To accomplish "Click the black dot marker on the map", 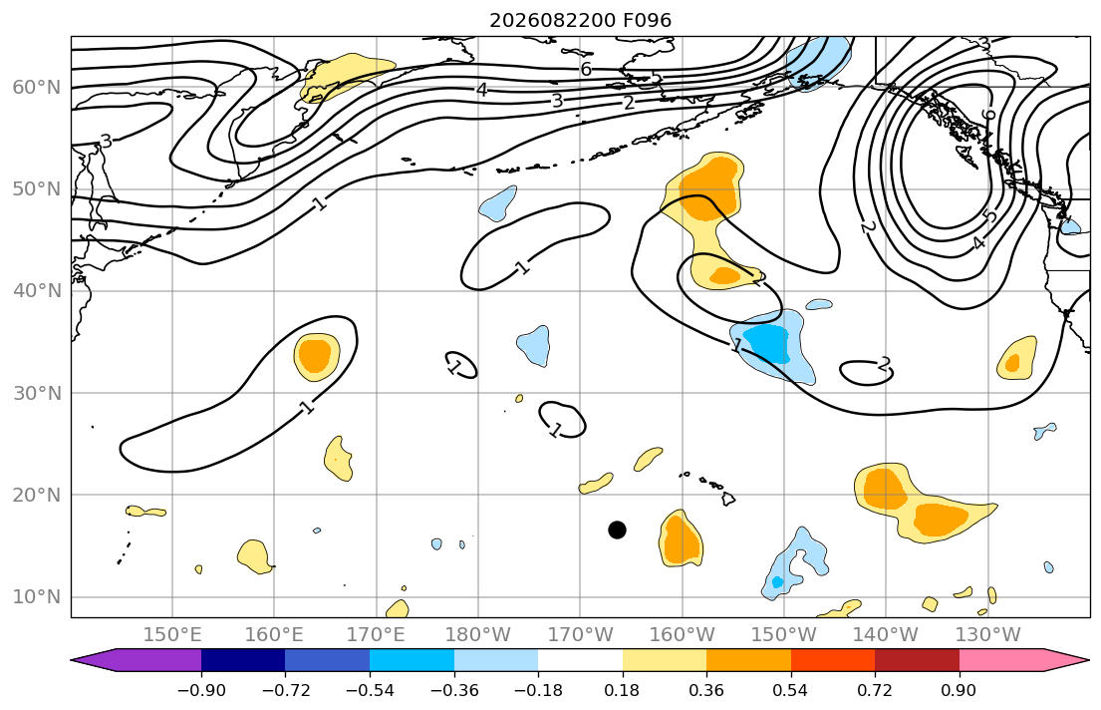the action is (x=617, y=531).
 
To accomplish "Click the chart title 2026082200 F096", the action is (x=581, y=20).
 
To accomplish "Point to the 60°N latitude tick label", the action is (x=37, y=87).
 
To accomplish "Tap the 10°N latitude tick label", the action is (x=37, y=597).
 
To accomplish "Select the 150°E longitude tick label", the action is (x=172, y=635).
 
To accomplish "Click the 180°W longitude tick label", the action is (x=478, y=635).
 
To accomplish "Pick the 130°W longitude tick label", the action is (x=988, y=635).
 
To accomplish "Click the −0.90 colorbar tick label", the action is (x=201, y=690).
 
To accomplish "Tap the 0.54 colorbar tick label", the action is (x=791, y=690).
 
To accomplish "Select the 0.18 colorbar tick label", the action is (x=622, y=690).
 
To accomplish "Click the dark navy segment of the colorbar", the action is (x=243, y=660).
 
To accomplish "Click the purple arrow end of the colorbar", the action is (x=137, y=660).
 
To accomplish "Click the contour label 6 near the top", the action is (x=586, y=69).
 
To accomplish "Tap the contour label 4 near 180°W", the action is (x=481, y=90).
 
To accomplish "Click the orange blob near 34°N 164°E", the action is (x=314, y=355).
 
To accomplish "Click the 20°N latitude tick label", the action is (x=37, y=495).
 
